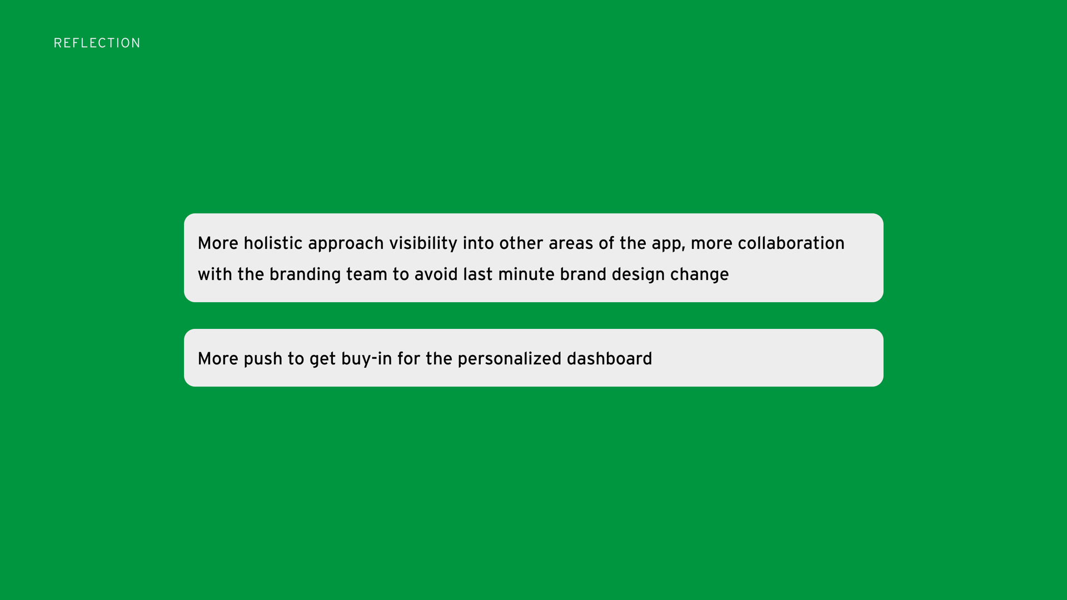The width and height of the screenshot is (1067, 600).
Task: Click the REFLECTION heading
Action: click(x=97, y=43)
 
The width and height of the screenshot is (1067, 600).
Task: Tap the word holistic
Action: click(x=273, y=243)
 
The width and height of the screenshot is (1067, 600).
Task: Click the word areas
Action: click(x=571, y=244)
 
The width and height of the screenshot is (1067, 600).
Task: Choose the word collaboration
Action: click(x=791, y=243)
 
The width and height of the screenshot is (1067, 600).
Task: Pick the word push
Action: click(x=263, y=359)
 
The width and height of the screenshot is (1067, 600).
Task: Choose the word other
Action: click(x=521, y=243)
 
